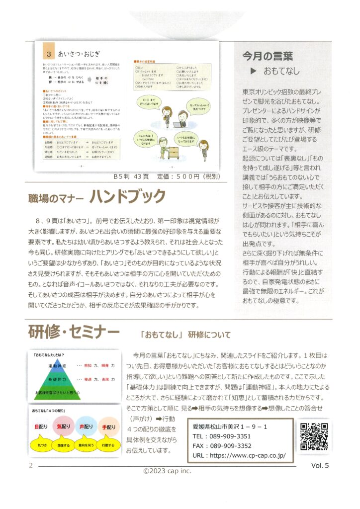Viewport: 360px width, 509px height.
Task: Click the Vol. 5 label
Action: pos(321,466)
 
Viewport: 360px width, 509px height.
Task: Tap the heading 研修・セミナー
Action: pos(74,332)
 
